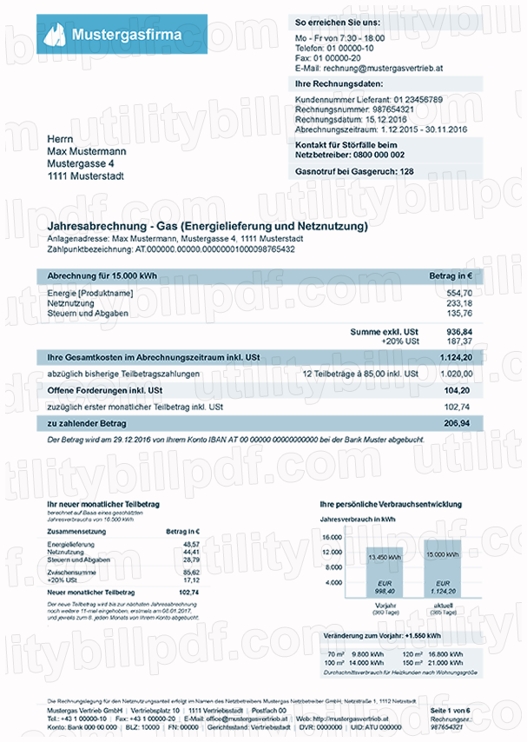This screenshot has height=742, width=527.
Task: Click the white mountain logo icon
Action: (x=56, y=36)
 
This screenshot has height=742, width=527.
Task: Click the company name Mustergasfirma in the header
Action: (x=127, y=36)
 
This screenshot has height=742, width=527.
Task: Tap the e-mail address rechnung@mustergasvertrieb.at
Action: (x=383, y=67)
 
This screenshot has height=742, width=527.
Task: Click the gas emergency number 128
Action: (x=405, y=171)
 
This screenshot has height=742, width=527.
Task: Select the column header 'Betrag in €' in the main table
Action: (x=450, y=275)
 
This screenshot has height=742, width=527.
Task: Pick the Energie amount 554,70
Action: (x=459, y=294)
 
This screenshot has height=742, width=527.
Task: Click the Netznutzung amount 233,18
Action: (x=459, y=303)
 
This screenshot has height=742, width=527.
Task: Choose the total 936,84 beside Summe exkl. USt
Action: (x=458, y=332)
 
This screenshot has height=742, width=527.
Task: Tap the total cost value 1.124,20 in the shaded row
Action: (x=455, y=357)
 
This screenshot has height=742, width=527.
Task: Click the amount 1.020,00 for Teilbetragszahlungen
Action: (x=457, y=374)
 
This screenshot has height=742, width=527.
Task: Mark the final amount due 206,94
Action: (x=457, y=423)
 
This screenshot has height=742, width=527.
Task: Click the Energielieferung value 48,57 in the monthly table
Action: (x=190, y=543)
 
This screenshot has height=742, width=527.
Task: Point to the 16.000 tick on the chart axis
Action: (x=332, y=538)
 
